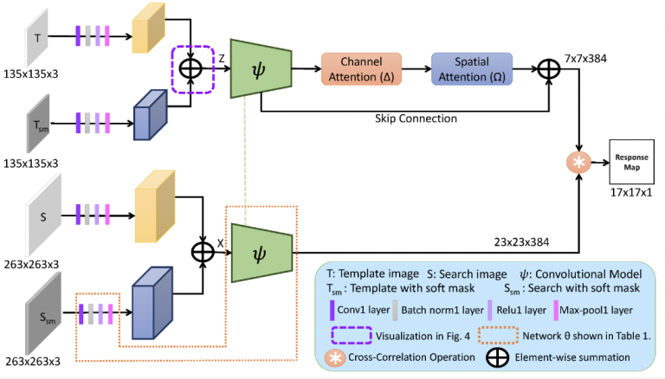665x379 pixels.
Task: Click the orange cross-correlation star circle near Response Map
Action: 578,162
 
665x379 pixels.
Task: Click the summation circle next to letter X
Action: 202,251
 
